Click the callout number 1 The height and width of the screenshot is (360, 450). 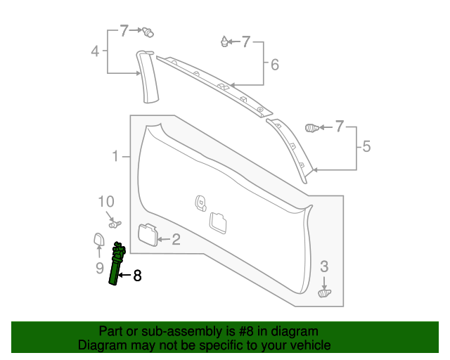pos(115,156)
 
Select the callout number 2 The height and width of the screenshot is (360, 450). pos(176,240)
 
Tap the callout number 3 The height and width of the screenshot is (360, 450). pos(324,266)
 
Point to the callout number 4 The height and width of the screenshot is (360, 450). pos(95,51)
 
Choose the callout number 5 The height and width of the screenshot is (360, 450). pos(366,147)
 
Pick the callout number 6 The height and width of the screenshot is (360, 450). pos(274,65)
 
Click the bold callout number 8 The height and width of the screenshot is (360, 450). pos(137,276)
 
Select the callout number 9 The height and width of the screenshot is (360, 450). pos(99,268)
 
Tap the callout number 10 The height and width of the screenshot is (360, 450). pos(105,201)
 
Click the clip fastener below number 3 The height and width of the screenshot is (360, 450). pos(325,292)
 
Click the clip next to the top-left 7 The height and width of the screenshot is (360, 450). pos(148,32)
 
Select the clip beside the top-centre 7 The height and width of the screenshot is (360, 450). pos(224,42)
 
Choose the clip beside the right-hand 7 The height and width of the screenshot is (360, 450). pos(312,127)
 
